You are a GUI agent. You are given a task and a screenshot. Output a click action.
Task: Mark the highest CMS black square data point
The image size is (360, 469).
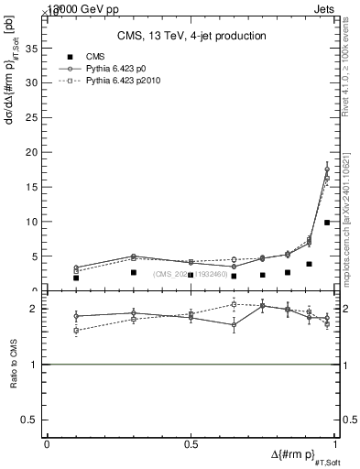[327, 223]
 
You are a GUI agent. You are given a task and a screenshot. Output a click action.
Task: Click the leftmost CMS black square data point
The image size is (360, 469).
[76, 278]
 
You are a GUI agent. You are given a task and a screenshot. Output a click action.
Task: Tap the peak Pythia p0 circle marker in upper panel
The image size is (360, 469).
[327, 169]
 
